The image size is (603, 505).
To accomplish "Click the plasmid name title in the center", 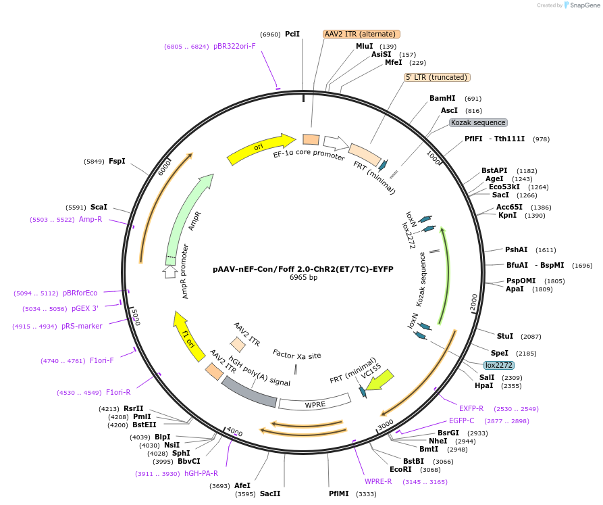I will (303, 268).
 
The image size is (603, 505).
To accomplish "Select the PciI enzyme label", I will (292, 34).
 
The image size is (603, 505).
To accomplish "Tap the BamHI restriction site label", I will (442, 98).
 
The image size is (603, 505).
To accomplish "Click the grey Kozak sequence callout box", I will (478, 122).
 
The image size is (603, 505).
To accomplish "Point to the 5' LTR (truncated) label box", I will (437, 77).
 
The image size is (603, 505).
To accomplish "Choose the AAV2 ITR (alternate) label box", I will (361, 34).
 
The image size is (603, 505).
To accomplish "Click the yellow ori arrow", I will (261, 149).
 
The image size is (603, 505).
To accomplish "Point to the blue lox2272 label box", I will (498, 365).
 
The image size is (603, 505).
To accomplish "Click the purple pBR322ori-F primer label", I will (234, 47).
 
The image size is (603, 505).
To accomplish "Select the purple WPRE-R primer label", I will (378, 481).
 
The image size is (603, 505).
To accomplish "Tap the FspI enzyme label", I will (117, 162).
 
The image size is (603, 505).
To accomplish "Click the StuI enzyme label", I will (505, 336).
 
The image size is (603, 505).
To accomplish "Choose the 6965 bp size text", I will (303, 277).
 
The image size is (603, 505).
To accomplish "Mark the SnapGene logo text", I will (584, 5).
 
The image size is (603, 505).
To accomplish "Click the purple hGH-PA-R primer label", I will (201, 473).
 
